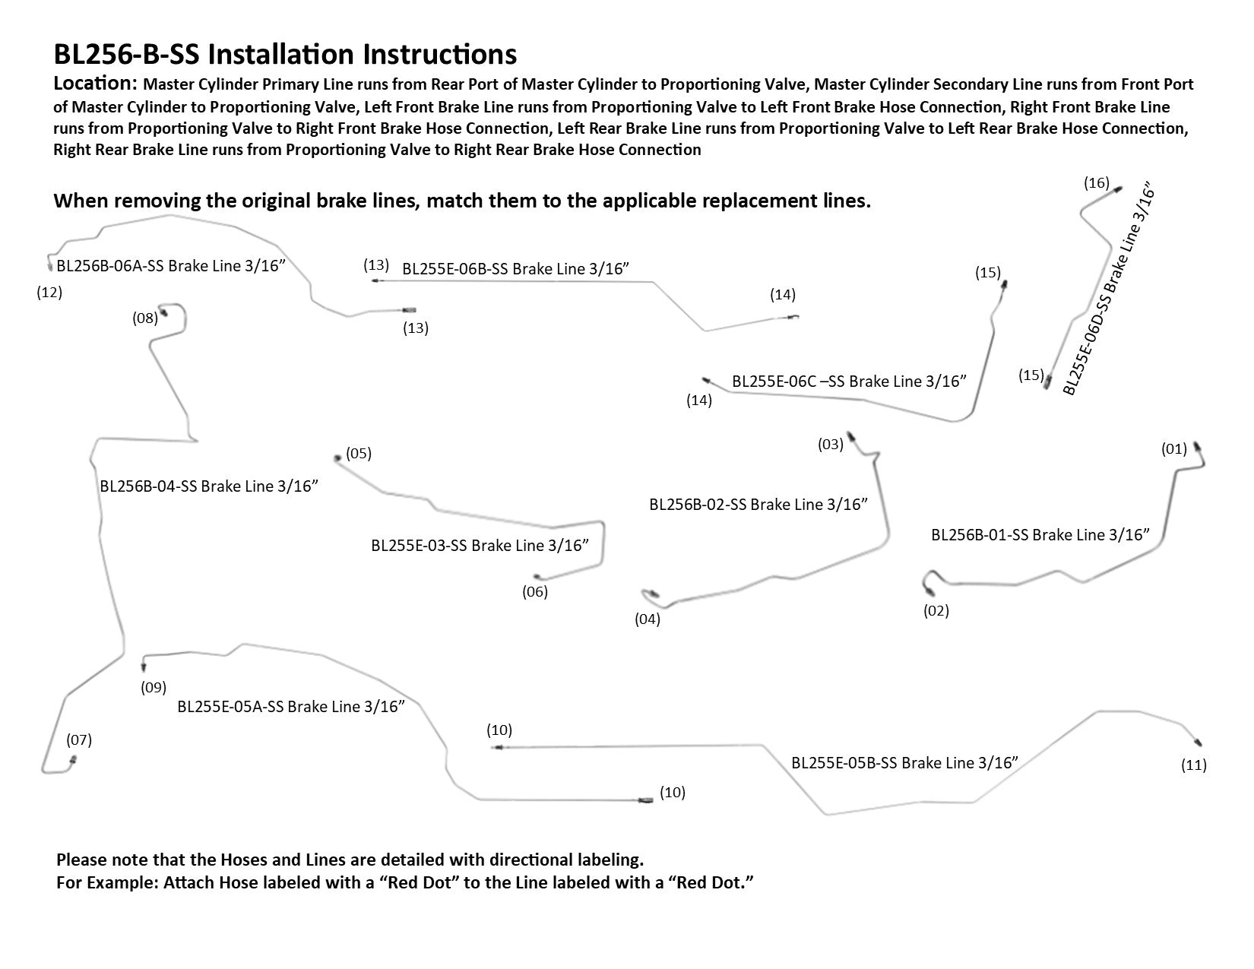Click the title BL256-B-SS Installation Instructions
pos(285,55)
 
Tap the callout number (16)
pos(1097,183)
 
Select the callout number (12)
pos(49,292)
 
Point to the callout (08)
pos(145,318)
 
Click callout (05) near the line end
pos(359,454)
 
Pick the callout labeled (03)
pos(831,445)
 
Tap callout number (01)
pos(1174,449)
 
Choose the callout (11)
pos(1194,765)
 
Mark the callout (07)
pos(79,739)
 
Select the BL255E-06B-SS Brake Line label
pos(516,269)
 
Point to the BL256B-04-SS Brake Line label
pos(208,486)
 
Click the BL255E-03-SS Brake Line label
pos(480,546)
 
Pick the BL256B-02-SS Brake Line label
pos(758,505)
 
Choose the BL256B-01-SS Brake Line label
pos(1040,535)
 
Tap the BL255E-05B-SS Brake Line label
pos(904,763)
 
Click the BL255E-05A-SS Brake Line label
pos(290,707)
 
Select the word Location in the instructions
pos(94,84)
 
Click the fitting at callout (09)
pos(144,667)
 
